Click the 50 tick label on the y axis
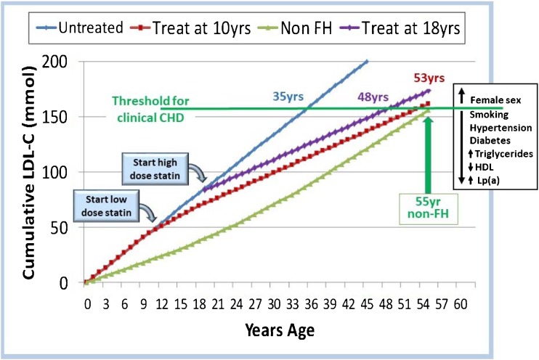point(63,227)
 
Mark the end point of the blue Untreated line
point(367,62)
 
